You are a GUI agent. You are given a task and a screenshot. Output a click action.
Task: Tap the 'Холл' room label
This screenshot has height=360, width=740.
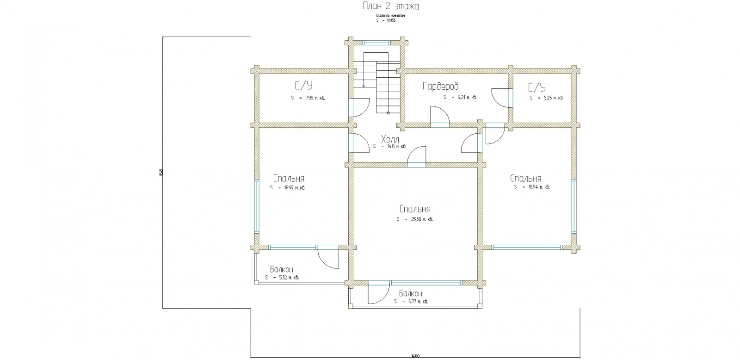pyautogui.click(x=390, y=139)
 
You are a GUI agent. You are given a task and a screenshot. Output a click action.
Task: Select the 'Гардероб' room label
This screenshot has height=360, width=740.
pyautogui.click(x=440, y=87)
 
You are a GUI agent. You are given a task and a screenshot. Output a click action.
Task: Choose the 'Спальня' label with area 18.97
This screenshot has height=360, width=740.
pyautogui.click(x=289, y=179)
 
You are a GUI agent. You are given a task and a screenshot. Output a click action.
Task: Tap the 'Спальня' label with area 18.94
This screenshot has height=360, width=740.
pyautogui.click(x=526, y=179)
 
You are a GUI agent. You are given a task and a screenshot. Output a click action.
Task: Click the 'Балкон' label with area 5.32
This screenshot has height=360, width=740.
pyautogui.click(x=282, y=270)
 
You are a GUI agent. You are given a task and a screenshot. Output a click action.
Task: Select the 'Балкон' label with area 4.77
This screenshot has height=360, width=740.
pyautogui.click(x=411, y=294)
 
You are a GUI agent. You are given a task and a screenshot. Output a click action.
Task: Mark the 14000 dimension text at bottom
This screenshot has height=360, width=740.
pyautogui.click(x=414, y=356)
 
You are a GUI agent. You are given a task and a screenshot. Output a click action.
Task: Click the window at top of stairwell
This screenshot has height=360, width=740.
pyautogui.click(x=377, y=43)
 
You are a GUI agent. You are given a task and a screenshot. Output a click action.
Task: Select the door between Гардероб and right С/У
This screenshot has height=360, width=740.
pyautogui.click(x=500, y=97)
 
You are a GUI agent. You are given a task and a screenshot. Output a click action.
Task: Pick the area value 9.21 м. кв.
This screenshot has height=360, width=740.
pyautogui.click(x=460, y=98)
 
